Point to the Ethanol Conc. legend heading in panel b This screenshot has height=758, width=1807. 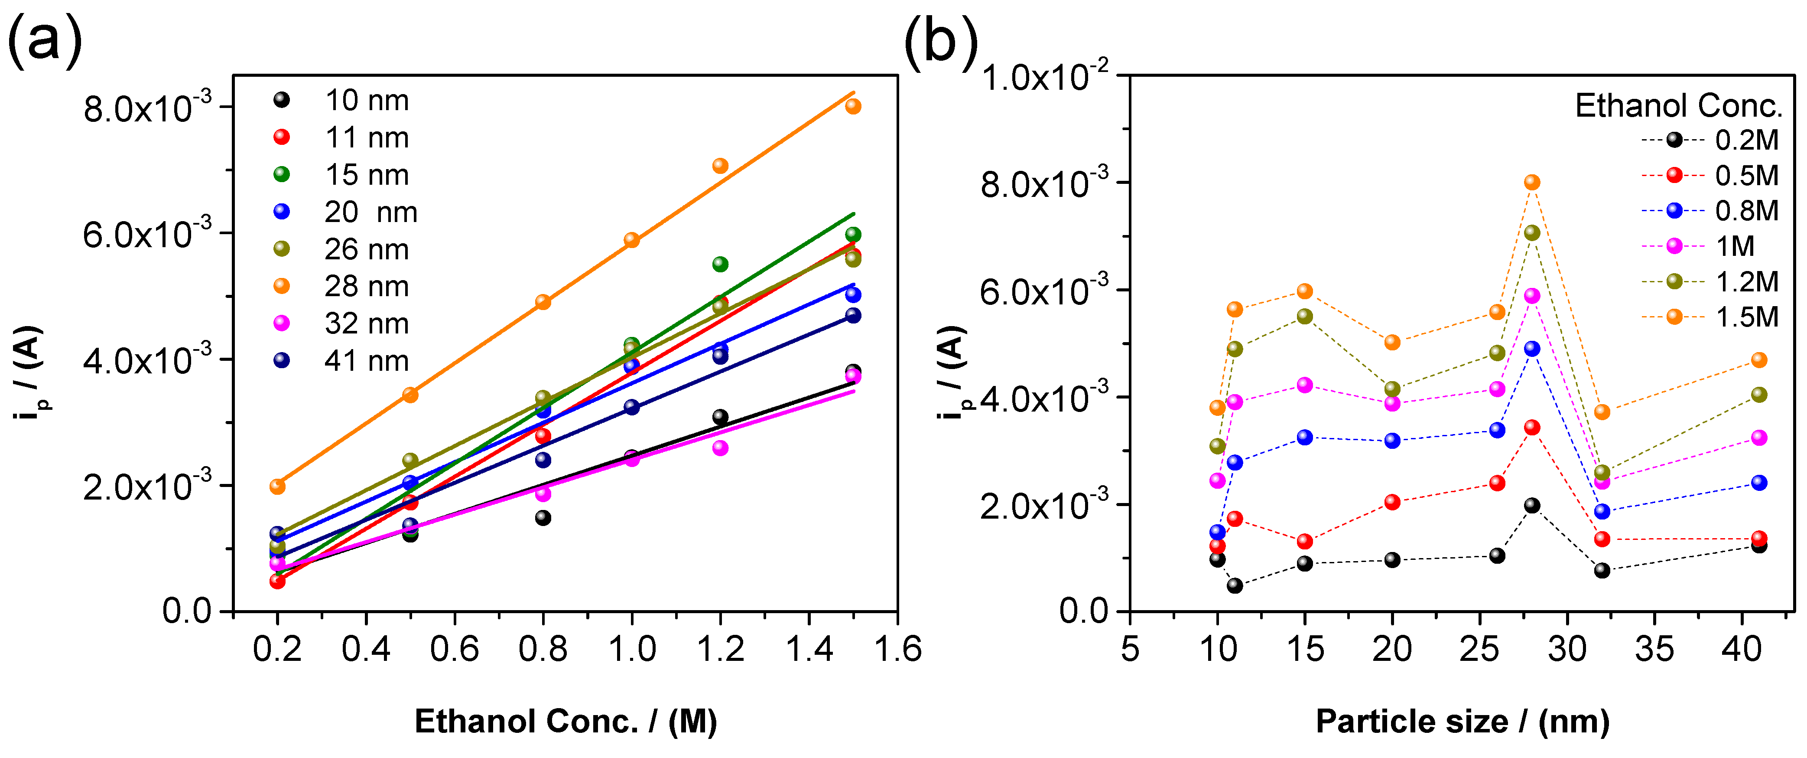1678,106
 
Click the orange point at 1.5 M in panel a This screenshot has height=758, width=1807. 853,106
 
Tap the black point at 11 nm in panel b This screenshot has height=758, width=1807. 1235,585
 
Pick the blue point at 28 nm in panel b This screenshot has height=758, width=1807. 1532,349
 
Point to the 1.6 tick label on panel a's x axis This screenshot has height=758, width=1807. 897,649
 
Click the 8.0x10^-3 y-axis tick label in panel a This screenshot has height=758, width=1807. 147,109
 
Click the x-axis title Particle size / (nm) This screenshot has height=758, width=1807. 1462,722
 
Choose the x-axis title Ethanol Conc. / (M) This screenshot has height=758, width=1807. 565,722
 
